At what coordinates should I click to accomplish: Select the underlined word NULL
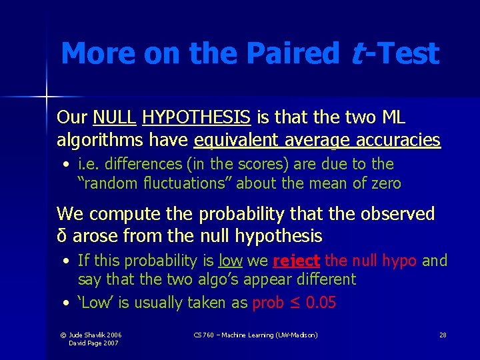pyautogui.click(x=115, y=118)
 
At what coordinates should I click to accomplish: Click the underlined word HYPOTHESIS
pyautogui.click(x=197, y=118)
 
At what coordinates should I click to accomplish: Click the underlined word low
pyautogui.click(x=231, y=261)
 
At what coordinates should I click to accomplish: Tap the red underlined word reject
pyautogui.click(x=297, y=261)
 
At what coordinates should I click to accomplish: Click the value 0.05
pyautogui.click(x=321, y=303)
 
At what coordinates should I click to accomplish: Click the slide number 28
pyautogui.click(x=443, y=335)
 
